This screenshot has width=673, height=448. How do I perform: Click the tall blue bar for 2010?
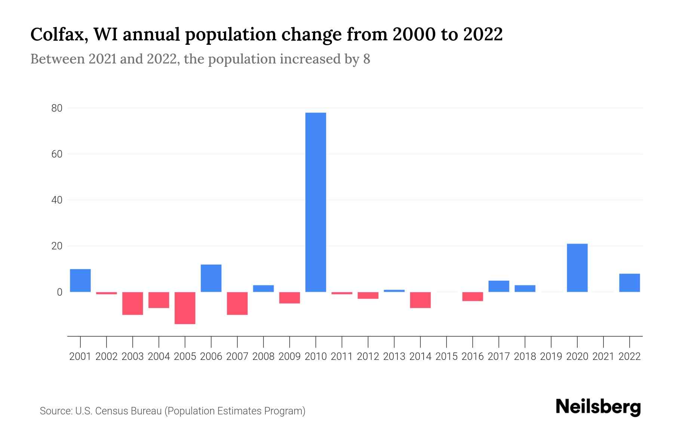click(316, 202)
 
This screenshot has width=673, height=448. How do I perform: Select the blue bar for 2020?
click(577, 268)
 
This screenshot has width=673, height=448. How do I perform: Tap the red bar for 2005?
click(185, 308)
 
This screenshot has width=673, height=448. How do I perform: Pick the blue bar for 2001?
click(80, 280)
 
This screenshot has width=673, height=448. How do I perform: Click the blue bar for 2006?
click(211, 278)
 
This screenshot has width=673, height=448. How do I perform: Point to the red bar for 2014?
click(420, 300)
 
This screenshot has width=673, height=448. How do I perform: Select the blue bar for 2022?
click(629, 283)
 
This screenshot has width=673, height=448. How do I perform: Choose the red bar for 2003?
click(133, 304)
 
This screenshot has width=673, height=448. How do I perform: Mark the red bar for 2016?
click(473, 296)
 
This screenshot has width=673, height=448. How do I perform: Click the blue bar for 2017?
click(499, 286)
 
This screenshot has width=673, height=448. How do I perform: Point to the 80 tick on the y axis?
click(57, 108)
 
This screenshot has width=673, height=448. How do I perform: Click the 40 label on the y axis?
click(57, 200)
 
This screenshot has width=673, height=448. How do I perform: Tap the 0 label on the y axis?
click(59, 292)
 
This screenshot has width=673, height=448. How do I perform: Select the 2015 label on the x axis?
click(446, 357)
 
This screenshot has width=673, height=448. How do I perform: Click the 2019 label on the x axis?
click(551, 357)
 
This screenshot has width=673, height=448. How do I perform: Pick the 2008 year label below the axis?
click(263, 357)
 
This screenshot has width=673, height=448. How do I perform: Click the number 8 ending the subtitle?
click(366, 59)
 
